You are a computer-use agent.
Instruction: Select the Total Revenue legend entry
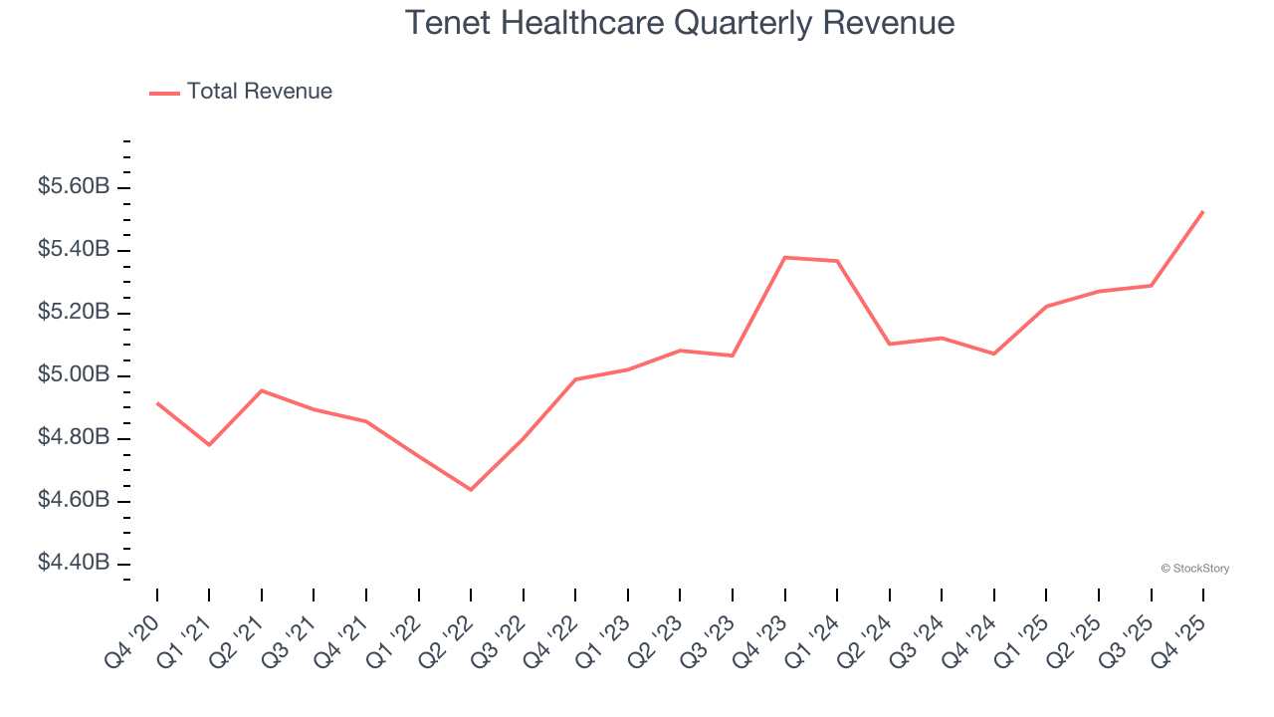coord(241,92)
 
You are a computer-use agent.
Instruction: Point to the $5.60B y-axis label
coord(74,186)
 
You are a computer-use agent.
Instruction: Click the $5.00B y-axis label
coord(74,374)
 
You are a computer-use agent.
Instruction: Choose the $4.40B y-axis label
coord(74,563)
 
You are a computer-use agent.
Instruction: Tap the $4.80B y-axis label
coord(74,437)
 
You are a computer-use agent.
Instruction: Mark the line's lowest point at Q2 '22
coord(471,490)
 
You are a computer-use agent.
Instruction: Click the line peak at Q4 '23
coord(785,257)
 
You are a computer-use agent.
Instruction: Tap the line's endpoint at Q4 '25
coord(1203,211)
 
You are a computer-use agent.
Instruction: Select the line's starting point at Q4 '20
coord(157,403)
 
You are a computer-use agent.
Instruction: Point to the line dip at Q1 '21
coord(209,445)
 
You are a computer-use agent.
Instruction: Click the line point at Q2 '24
coord(890,344)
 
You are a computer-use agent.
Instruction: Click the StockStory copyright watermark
coord(1194,569)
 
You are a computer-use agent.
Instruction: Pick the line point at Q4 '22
coord(576,379)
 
